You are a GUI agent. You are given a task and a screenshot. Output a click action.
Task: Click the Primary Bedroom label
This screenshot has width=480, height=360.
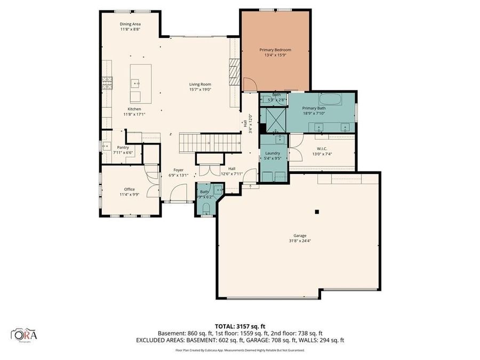pyautogui.click(x=275, y=50)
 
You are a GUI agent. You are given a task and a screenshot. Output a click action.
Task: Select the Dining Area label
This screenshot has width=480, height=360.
pyautogui.click(x=130, y=24)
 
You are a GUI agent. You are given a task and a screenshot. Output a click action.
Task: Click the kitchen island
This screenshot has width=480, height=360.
pyautogui.click(x=141, y=83)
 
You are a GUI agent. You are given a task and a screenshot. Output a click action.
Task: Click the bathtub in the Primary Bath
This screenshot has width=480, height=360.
pyautogui.click(x=332, y=99)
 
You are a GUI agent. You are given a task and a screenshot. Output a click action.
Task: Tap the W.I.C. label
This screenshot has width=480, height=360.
pyautogui.click(x=322, y=149)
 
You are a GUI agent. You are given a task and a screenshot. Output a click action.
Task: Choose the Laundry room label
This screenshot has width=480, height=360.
pyautogui.click(x=273, y=153)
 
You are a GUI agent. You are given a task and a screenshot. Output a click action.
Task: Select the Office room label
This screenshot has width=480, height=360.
pyautogui.click(x=129, y=189)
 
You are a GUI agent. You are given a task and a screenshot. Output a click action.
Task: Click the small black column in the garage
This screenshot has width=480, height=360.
pyautogui.click(x=316, y=212)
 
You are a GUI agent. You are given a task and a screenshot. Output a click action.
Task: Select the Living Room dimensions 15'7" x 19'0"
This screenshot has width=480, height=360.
pyautogui.click(x=201, y=90)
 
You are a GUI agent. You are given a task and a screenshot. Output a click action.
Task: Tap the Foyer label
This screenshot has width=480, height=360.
pyautogui.click(x=178, y=170)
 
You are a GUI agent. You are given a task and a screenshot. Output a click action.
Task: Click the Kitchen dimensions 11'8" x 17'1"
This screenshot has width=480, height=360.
pyautogui.click(x=134, y=114)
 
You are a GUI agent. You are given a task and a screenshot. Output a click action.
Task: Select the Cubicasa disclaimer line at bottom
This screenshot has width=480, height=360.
pyautogui.click(x=239, y=350)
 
